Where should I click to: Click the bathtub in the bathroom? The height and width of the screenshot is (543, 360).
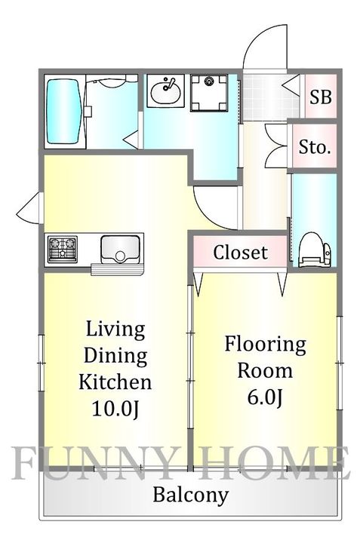point(65,112)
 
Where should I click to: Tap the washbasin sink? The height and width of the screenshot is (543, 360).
point(165,92)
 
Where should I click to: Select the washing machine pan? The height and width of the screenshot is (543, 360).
point(209,93)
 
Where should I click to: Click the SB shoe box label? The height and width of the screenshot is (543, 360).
point(321,97)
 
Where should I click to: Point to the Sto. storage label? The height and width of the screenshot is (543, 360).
point(315,147)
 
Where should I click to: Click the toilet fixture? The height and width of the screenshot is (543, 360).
point(315,250)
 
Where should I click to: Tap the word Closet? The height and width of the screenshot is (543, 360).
point(240,252)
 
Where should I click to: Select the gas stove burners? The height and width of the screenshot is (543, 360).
point(63,249)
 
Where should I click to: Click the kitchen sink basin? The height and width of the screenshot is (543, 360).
point(120,249)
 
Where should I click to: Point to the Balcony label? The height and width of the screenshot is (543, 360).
point(191,495)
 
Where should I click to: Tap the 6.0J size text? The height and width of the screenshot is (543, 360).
point(265,397)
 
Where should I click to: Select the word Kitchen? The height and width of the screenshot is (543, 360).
point(115,382)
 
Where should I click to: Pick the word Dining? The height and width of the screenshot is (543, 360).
point(115,356)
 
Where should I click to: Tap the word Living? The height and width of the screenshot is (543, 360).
point(115,330)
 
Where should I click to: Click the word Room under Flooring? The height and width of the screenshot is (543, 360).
point(265,371)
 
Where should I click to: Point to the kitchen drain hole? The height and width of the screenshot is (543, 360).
point(120,256)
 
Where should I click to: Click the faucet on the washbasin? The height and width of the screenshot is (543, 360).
point(169,84)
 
